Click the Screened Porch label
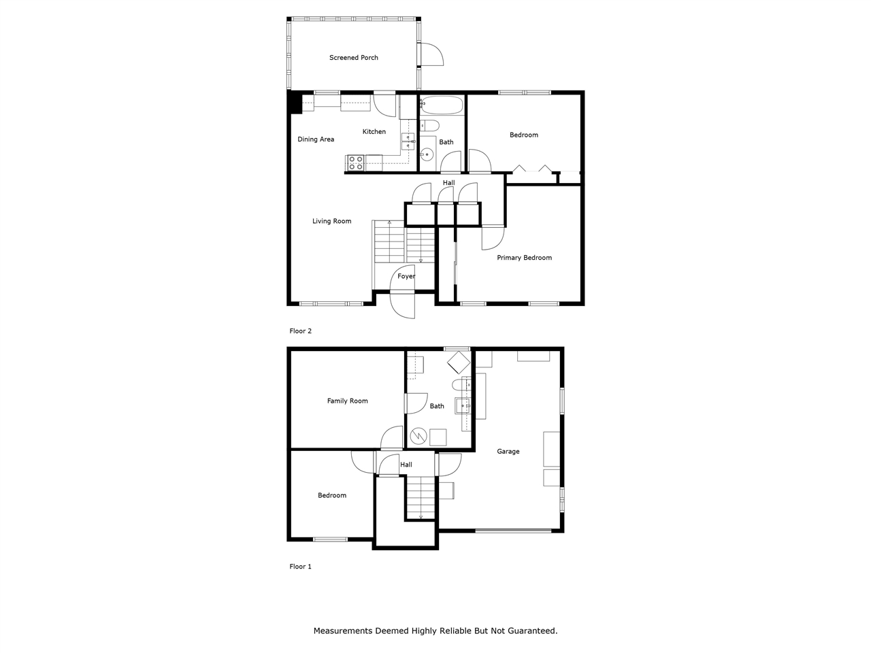353,58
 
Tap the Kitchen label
374,132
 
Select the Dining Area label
316,139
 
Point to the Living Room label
331,221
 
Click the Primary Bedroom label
524,258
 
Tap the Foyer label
406,276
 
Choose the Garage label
508,451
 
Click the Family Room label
347,401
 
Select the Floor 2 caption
300,331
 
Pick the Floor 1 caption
300,567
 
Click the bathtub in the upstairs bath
442,105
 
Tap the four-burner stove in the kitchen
355,163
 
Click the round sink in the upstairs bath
427,154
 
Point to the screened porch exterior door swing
431,54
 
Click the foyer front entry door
403,304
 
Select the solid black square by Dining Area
295,103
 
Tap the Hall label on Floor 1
406,465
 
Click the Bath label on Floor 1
437,406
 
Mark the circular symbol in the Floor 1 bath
418,435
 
